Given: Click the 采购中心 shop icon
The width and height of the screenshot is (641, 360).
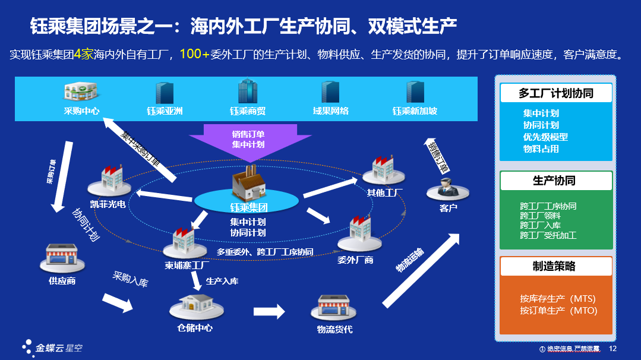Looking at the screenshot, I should point(81,92).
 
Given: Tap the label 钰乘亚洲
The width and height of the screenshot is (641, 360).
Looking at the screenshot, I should point(165,111).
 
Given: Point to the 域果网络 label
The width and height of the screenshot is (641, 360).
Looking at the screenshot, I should point(330,111).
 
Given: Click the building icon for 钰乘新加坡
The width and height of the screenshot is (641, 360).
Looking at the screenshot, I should point(415,92).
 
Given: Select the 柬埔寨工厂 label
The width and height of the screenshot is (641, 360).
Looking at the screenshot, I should point(187,265).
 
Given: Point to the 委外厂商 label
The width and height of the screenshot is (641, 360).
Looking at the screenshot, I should point(355,260).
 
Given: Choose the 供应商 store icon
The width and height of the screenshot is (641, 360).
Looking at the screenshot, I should point(62,259).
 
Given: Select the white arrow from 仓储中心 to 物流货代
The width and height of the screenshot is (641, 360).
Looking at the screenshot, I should point(269,311).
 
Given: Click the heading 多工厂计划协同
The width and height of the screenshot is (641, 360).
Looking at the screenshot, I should point(555,93).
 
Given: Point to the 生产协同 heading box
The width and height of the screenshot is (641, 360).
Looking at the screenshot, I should point(555,181).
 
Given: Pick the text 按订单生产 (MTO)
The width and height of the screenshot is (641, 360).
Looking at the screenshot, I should point(558,311).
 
